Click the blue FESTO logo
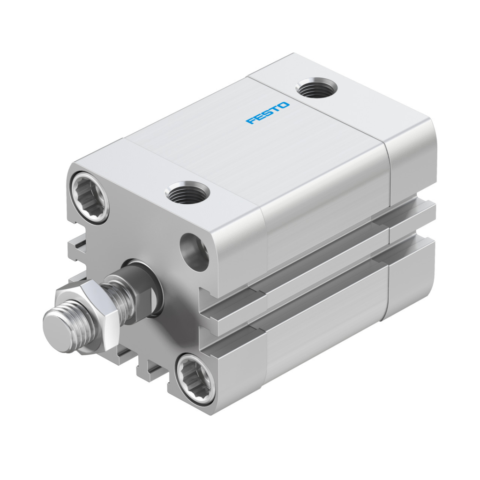coord(268,113)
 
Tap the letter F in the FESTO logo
coord(250,121)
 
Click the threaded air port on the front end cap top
coord(187,193)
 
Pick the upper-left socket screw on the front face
coord(90,196)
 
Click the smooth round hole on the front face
coord(195,252)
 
